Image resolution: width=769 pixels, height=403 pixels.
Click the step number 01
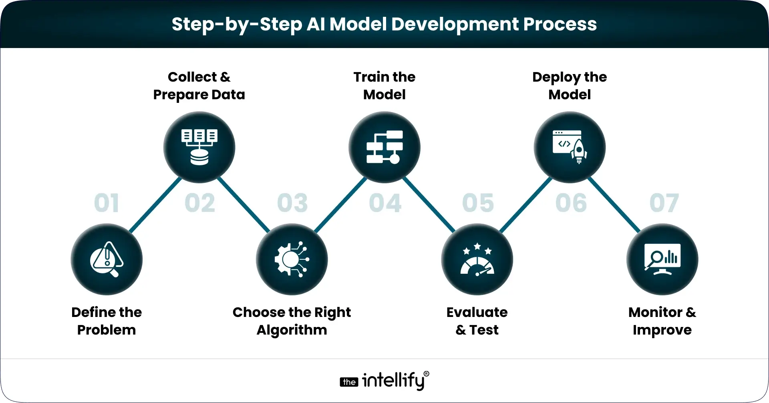106,203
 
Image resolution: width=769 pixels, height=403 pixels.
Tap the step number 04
385,203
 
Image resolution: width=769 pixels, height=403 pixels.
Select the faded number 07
664,203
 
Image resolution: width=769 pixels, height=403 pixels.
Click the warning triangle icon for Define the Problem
107,259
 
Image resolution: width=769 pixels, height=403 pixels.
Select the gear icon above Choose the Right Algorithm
292,259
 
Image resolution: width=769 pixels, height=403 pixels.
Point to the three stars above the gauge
477,249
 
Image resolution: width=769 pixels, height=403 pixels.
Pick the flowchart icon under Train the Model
384,147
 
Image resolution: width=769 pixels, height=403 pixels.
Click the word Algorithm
292,330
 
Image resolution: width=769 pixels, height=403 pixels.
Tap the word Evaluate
477,313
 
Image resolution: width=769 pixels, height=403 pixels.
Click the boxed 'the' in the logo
349,382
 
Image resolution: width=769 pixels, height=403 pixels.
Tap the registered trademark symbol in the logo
426,374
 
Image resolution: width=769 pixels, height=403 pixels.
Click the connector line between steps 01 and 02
155,205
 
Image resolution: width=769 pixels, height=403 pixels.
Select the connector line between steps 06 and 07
614,205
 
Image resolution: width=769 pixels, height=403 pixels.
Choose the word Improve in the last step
662,331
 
